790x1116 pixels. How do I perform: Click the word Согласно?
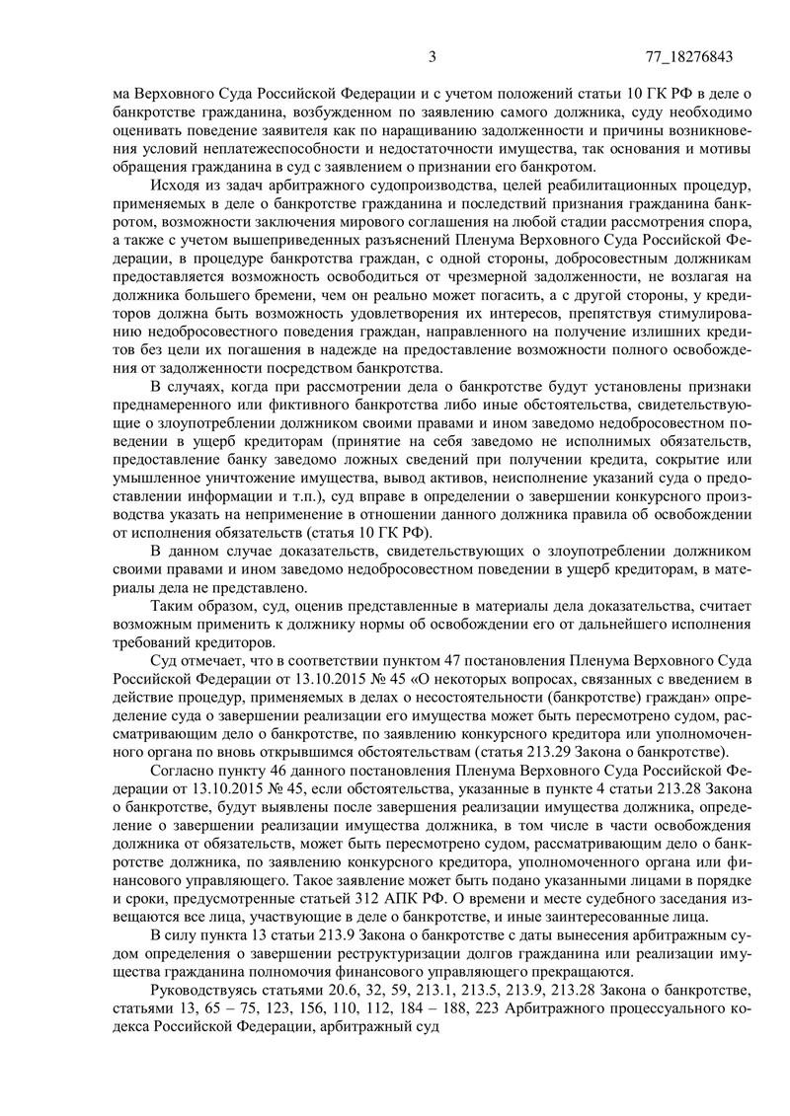tap(184, 771)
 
